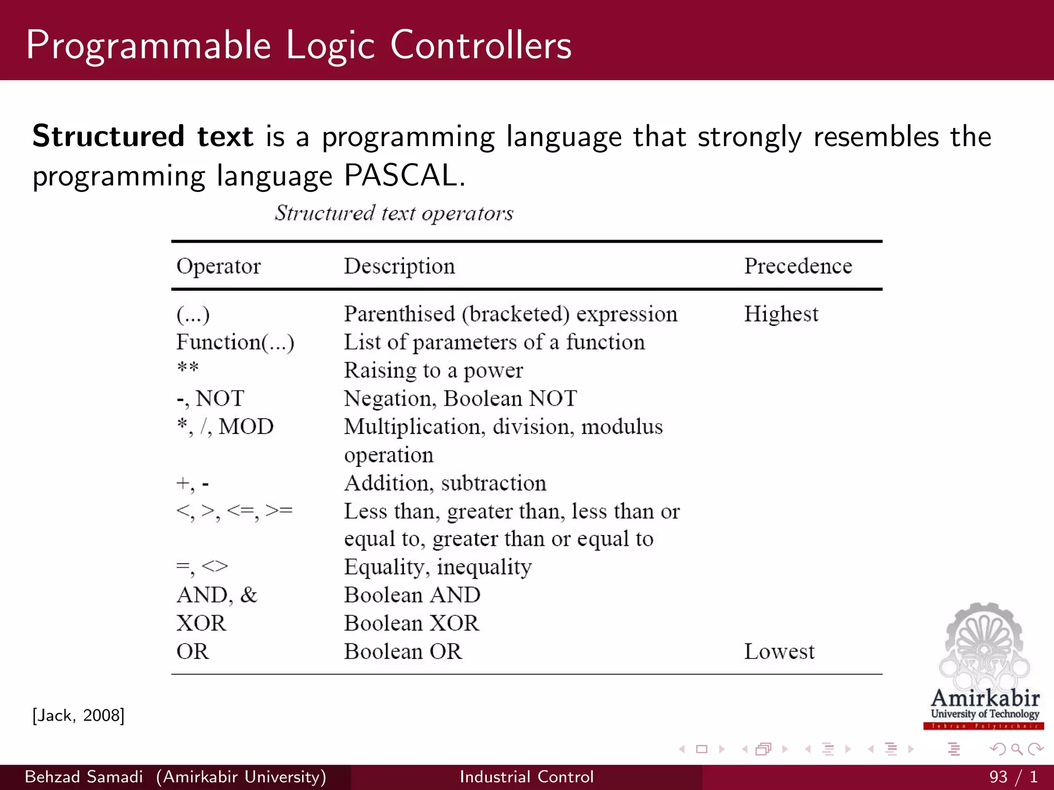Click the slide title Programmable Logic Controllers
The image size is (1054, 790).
pyautogui.click(x=298, y=45)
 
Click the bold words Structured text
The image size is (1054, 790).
pyautogui.click(x=143, y=136)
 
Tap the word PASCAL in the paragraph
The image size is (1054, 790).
pyautogui.click(x=400, y=175)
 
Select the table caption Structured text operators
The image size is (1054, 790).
pyautogui.click(x=394, y=213)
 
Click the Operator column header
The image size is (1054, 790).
pyautogui.click(x=218, y=266)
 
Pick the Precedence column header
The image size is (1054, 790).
pyautogui.click(x=798, y=266)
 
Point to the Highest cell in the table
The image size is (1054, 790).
pyautogui.click(x=781, y=314)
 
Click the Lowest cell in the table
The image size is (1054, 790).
pyautogui.click(x=779, y=652)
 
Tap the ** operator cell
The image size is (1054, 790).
pyautogui.click(x=188, y=368)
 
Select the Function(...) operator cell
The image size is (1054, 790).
pyautogui.click(x=235, y=343)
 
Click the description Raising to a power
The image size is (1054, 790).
pyautogui.click(x=433, y=370)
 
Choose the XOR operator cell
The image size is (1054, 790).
pyautogui.click(x=201, y=623)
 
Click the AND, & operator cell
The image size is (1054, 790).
pyautogui.click(x=217, y=595)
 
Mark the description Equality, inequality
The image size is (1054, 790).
pyautogui.click(x=437, y=567)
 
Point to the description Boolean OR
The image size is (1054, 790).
pyautogui.click(x=403, y=652)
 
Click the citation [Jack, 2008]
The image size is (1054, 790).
pyautogui.click(x=78, y=715)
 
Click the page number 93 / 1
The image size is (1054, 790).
pyautogui.click(x=1013, y=777)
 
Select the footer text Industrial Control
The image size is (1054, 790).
pyautogui.click(x=526, y=777)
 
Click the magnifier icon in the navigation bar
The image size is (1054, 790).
pyautogui.click(x=1016, y=749)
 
